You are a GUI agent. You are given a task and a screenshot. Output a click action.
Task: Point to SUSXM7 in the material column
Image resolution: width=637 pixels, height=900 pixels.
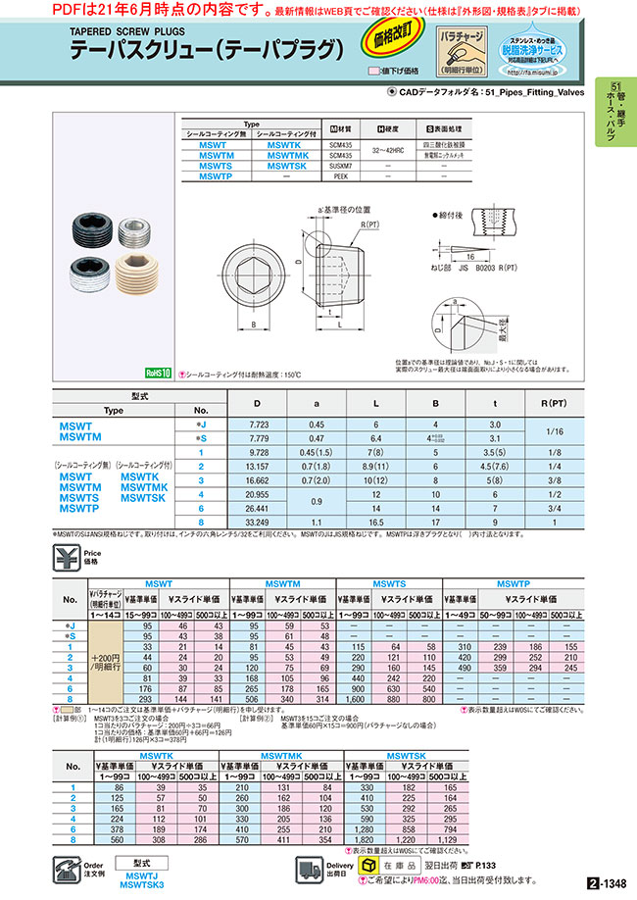point(341,166)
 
